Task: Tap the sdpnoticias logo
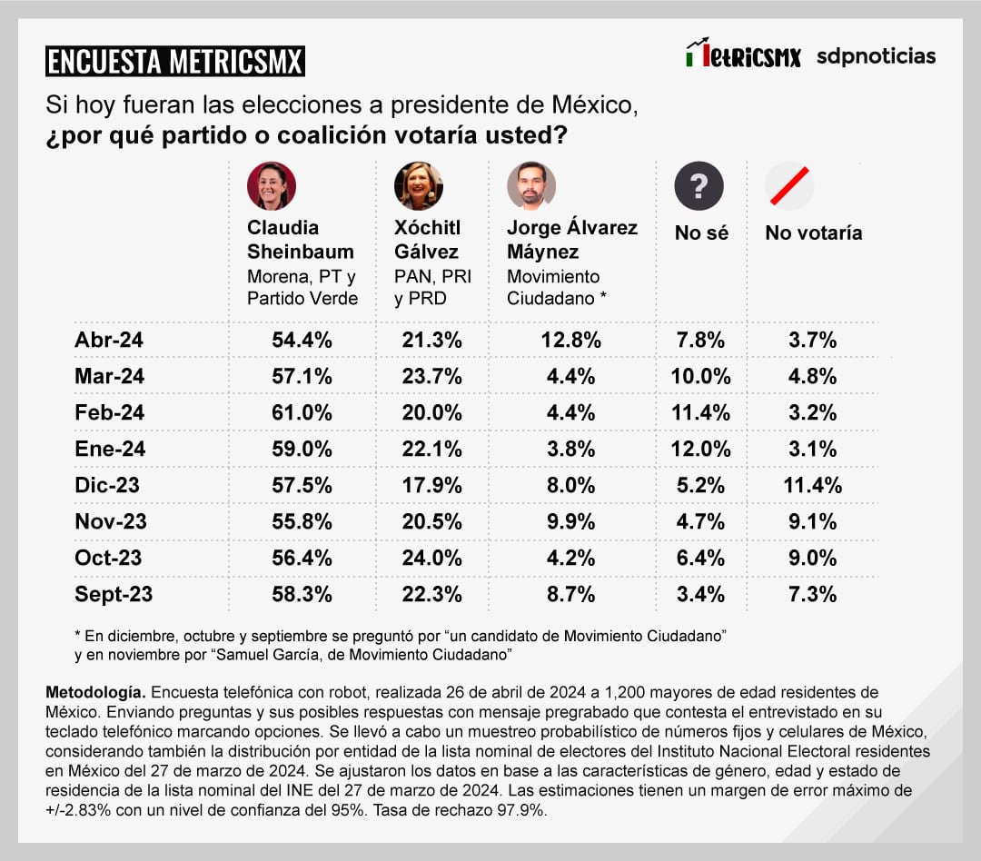click(876, 56)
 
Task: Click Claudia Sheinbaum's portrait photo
click(271, 186)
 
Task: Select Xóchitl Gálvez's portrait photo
click(418, 186)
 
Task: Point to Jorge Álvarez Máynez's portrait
click(530, 186)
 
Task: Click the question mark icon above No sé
click(699, 186)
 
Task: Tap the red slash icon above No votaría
click(788, 185)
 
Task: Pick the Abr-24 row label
click(109, 341)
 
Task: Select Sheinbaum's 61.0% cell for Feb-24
click(302, 412)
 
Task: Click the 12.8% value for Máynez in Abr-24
click(570, 341)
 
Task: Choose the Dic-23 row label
click(107, 485)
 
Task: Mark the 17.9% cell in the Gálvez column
click(431, 485)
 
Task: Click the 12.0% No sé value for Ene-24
click(700, 449)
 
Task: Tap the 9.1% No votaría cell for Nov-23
click(813, 521)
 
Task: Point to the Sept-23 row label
click(114, 594)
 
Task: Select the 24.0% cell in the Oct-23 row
click(431, 558)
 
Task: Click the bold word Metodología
click(93, 693)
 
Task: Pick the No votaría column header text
click(813, 233)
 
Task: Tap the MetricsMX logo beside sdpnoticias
click(743, 55)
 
